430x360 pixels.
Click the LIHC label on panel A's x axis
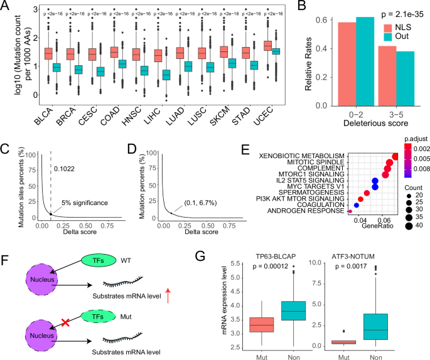tap(162, 116)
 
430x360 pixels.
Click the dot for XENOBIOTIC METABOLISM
tap(395, 157)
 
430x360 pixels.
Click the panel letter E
tap(244, 151)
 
